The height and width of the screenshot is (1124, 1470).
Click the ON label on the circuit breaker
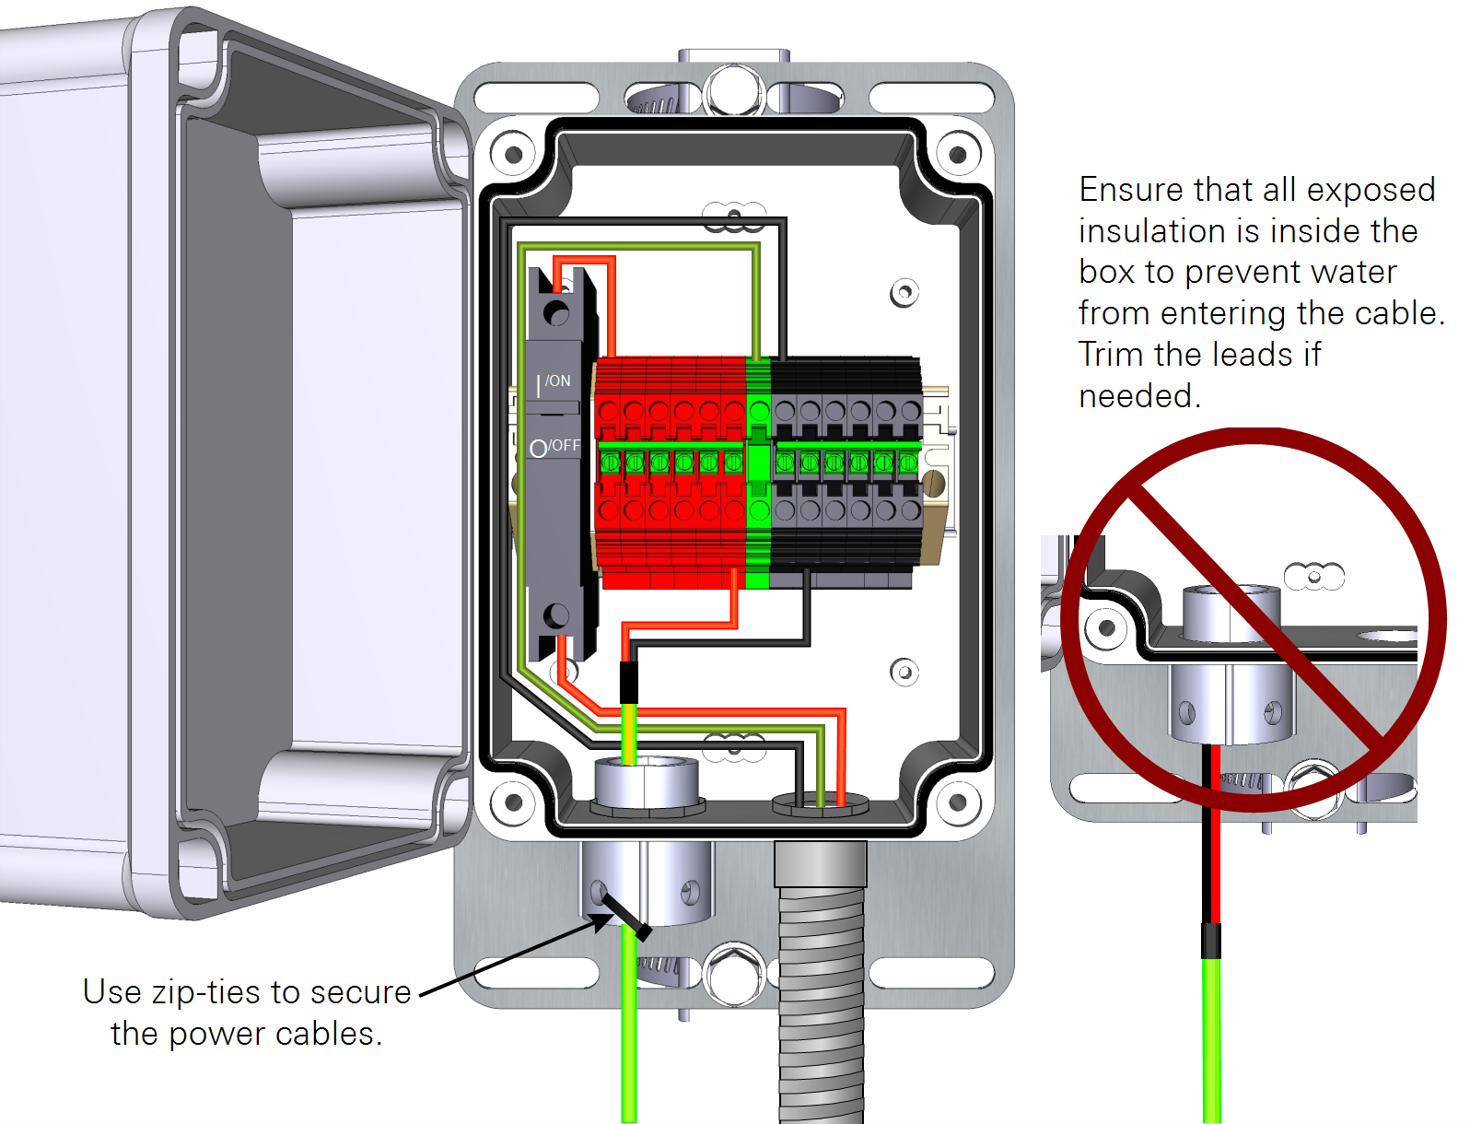click(x=558, y=381)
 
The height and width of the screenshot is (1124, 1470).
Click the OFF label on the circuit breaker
click(x=565, y=446)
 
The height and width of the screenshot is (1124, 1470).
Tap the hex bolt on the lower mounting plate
click(x=734, y=975)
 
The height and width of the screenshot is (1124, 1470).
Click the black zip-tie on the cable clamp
click(x=627, y=916)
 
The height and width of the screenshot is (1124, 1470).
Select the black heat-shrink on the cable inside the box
click(x=629, y=683)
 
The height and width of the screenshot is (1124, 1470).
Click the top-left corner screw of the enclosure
click(x=513, y=155)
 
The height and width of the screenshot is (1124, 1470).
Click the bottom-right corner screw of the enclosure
click(x=958, y=802)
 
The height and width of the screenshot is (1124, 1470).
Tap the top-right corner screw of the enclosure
click(x=958, y=155)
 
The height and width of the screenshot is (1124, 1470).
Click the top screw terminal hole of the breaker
click(x=556, y=313)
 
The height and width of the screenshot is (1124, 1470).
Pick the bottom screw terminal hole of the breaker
click(x=556, y=615)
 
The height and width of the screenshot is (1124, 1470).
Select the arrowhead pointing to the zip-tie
click(x=599, y=920)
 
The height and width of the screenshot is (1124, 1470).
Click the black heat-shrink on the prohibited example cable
click(x=1211, y=940)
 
